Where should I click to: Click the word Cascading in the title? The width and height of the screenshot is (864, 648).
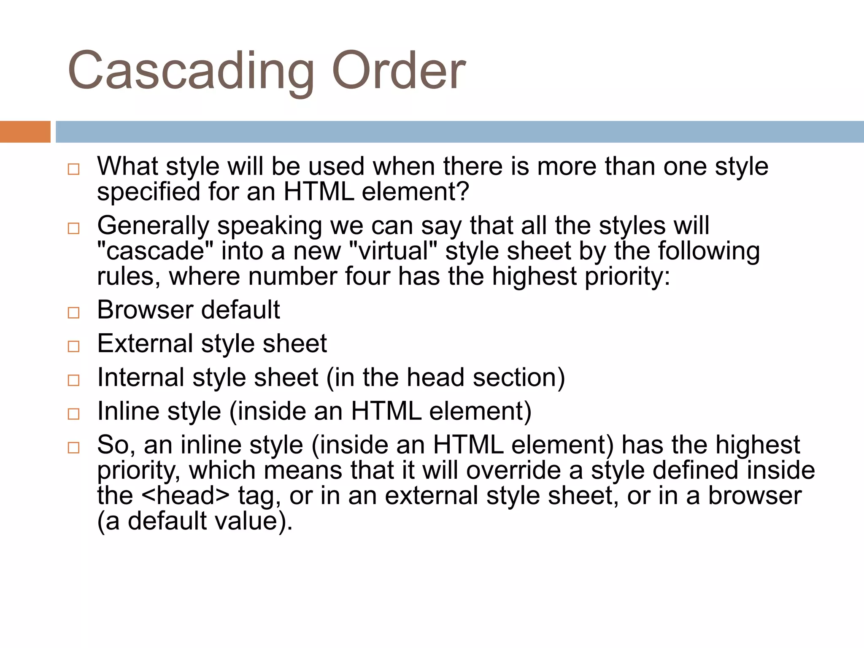point(190,71)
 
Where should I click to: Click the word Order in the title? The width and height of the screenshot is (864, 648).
point(398,71)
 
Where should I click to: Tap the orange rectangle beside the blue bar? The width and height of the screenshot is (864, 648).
point(25,132)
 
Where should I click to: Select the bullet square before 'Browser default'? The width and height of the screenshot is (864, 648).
point(73,313)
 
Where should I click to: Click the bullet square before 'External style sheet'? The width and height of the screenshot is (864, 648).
point(73,346)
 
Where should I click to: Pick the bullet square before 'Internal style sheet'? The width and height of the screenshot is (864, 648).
point(73,380)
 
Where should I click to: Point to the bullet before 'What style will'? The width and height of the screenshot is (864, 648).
point(73,169)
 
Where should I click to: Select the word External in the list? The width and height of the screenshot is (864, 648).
point(145,343)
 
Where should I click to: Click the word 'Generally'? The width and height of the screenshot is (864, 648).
point(153,226)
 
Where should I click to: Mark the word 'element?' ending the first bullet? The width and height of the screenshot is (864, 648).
point(416,192)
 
